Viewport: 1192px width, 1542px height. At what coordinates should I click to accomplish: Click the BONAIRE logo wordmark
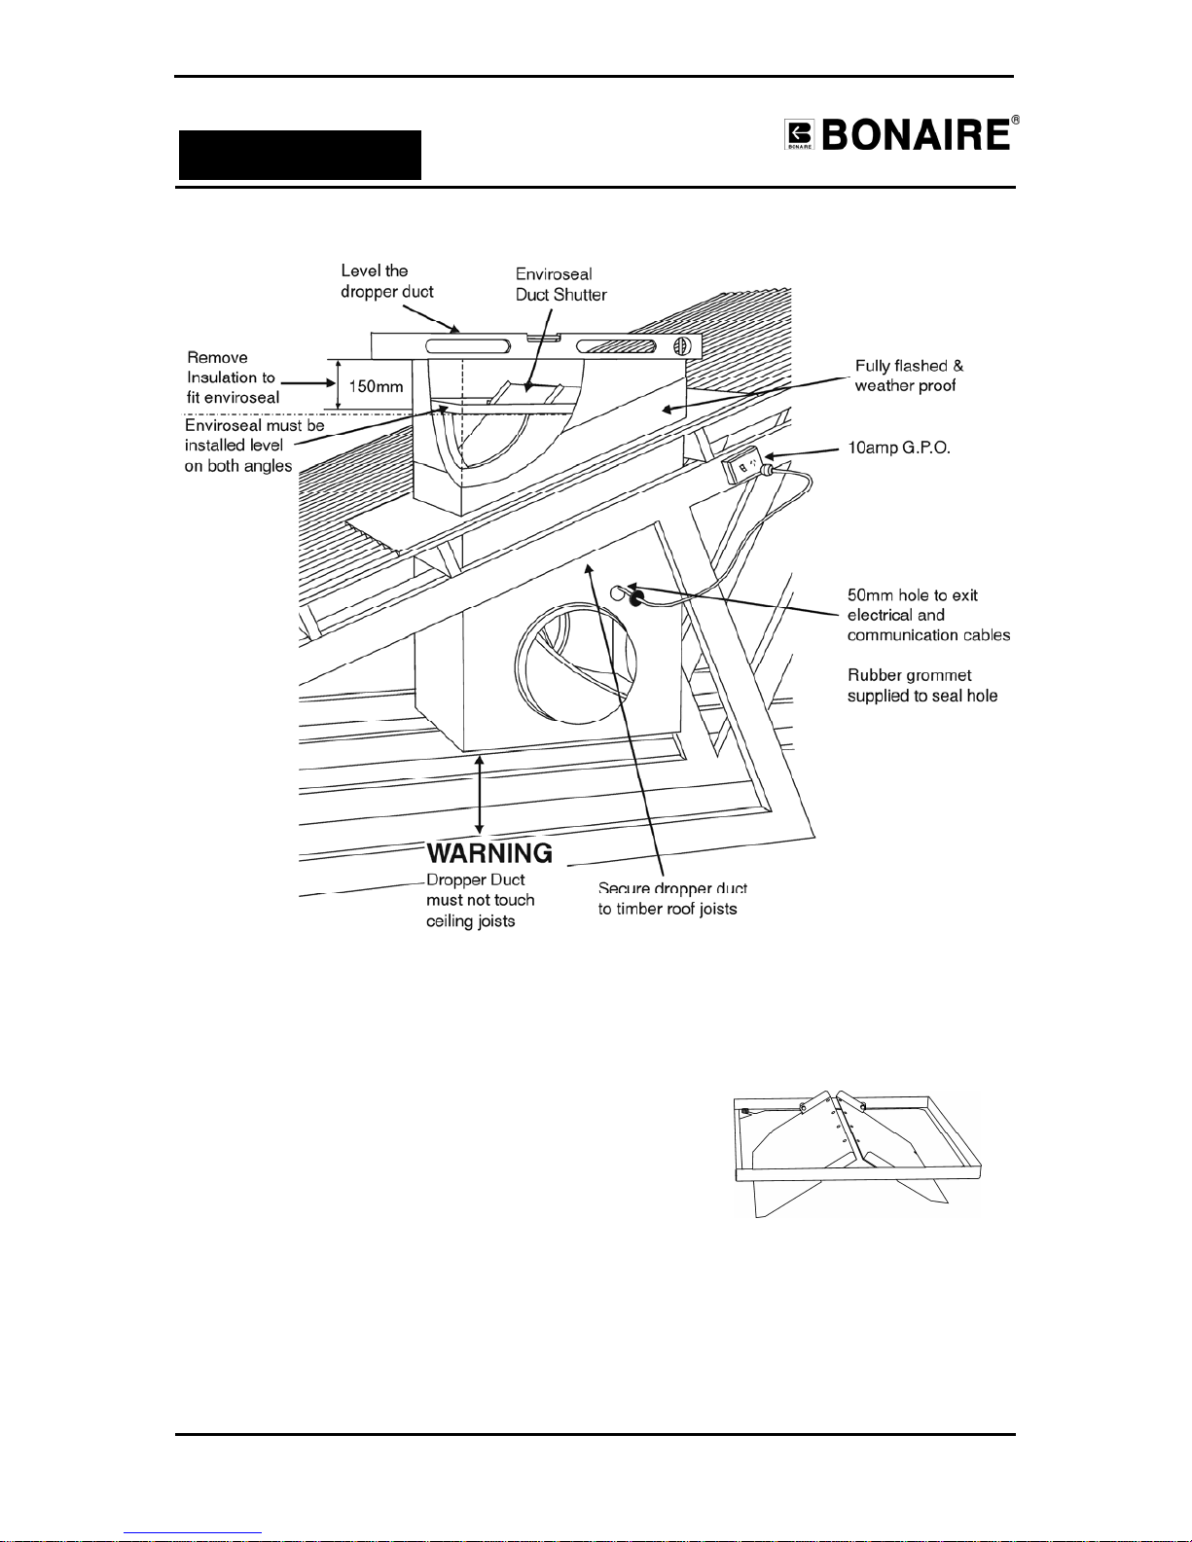point(916,135)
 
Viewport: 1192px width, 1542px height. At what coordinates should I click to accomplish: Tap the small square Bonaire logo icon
point(799,135)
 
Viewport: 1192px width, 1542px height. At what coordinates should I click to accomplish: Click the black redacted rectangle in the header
point(300,155)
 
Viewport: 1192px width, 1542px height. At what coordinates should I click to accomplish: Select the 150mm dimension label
point(376,387)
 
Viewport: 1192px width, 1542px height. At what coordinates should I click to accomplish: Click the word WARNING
point(489,853)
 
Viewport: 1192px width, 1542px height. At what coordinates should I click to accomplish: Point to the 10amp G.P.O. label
point(899,448)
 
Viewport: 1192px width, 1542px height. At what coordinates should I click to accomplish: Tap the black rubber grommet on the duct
point(635,597)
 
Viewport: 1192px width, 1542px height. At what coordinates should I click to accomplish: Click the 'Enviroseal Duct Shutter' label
point(561,284)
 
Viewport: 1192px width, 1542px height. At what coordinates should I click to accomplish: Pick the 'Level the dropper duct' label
point(386,281)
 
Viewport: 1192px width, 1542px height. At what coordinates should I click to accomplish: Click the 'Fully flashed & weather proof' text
point(909,376)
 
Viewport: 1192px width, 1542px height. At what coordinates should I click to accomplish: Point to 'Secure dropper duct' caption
point(672,887)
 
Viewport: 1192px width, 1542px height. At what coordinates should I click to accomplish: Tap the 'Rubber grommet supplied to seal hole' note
point(922,686)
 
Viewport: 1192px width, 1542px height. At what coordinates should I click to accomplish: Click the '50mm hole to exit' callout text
point(913,594)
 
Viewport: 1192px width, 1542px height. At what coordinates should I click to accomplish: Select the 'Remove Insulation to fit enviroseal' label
point(233,377)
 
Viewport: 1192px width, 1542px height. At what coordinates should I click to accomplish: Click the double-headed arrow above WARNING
point(480,795)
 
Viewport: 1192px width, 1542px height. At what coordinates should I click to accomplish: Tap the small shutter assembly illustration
point(857,1153)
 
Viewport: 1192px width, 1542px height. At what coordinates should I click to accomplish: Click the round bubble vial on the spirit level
point(682,346)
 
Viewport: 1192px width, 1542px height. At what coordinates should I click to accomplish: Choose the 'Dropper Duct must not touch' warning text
point(481,890)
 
